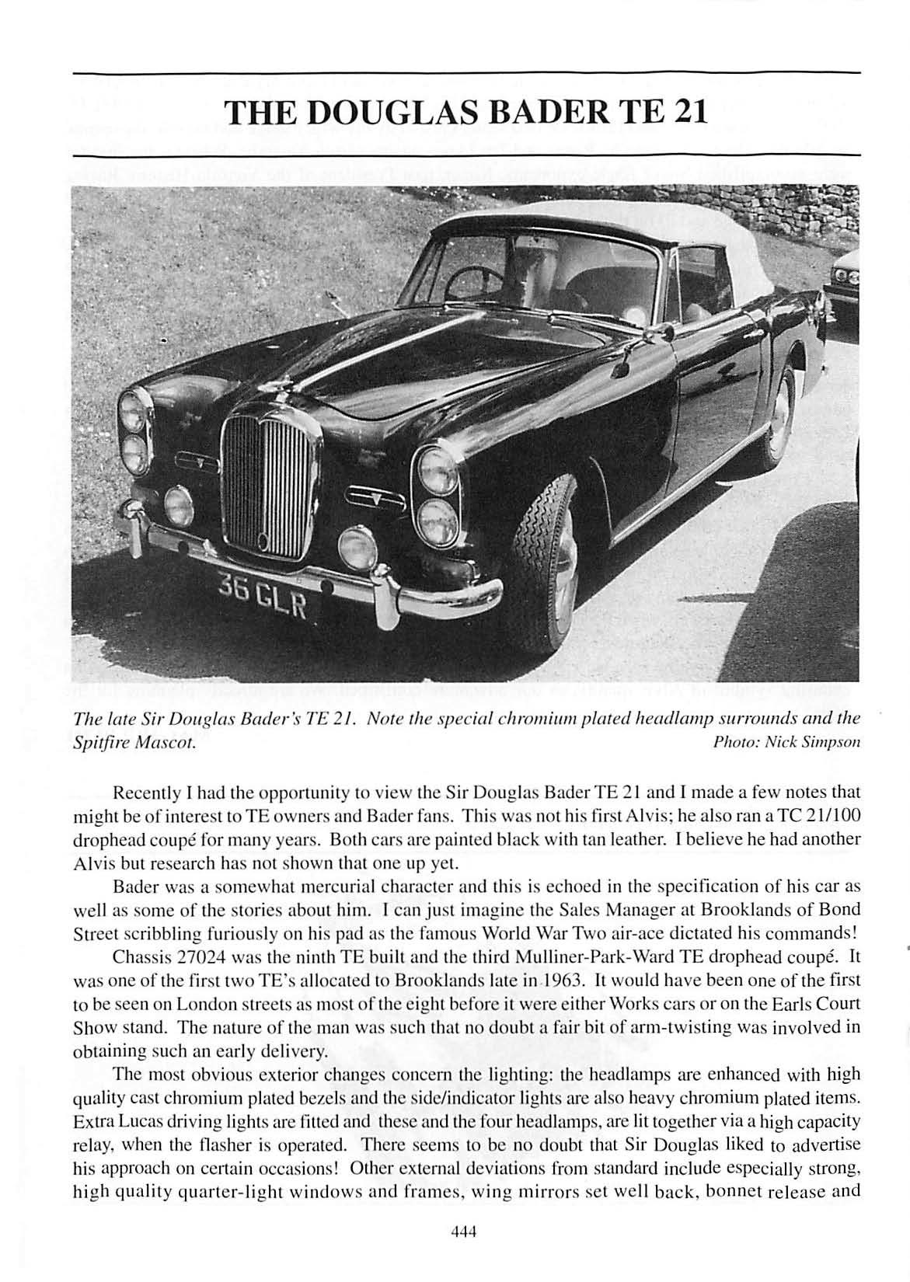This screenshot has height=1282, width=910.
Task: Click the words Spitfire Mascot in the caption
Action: [129, 742]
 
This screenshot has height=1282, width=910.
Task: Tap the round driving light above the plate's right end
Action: [357, 547]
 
